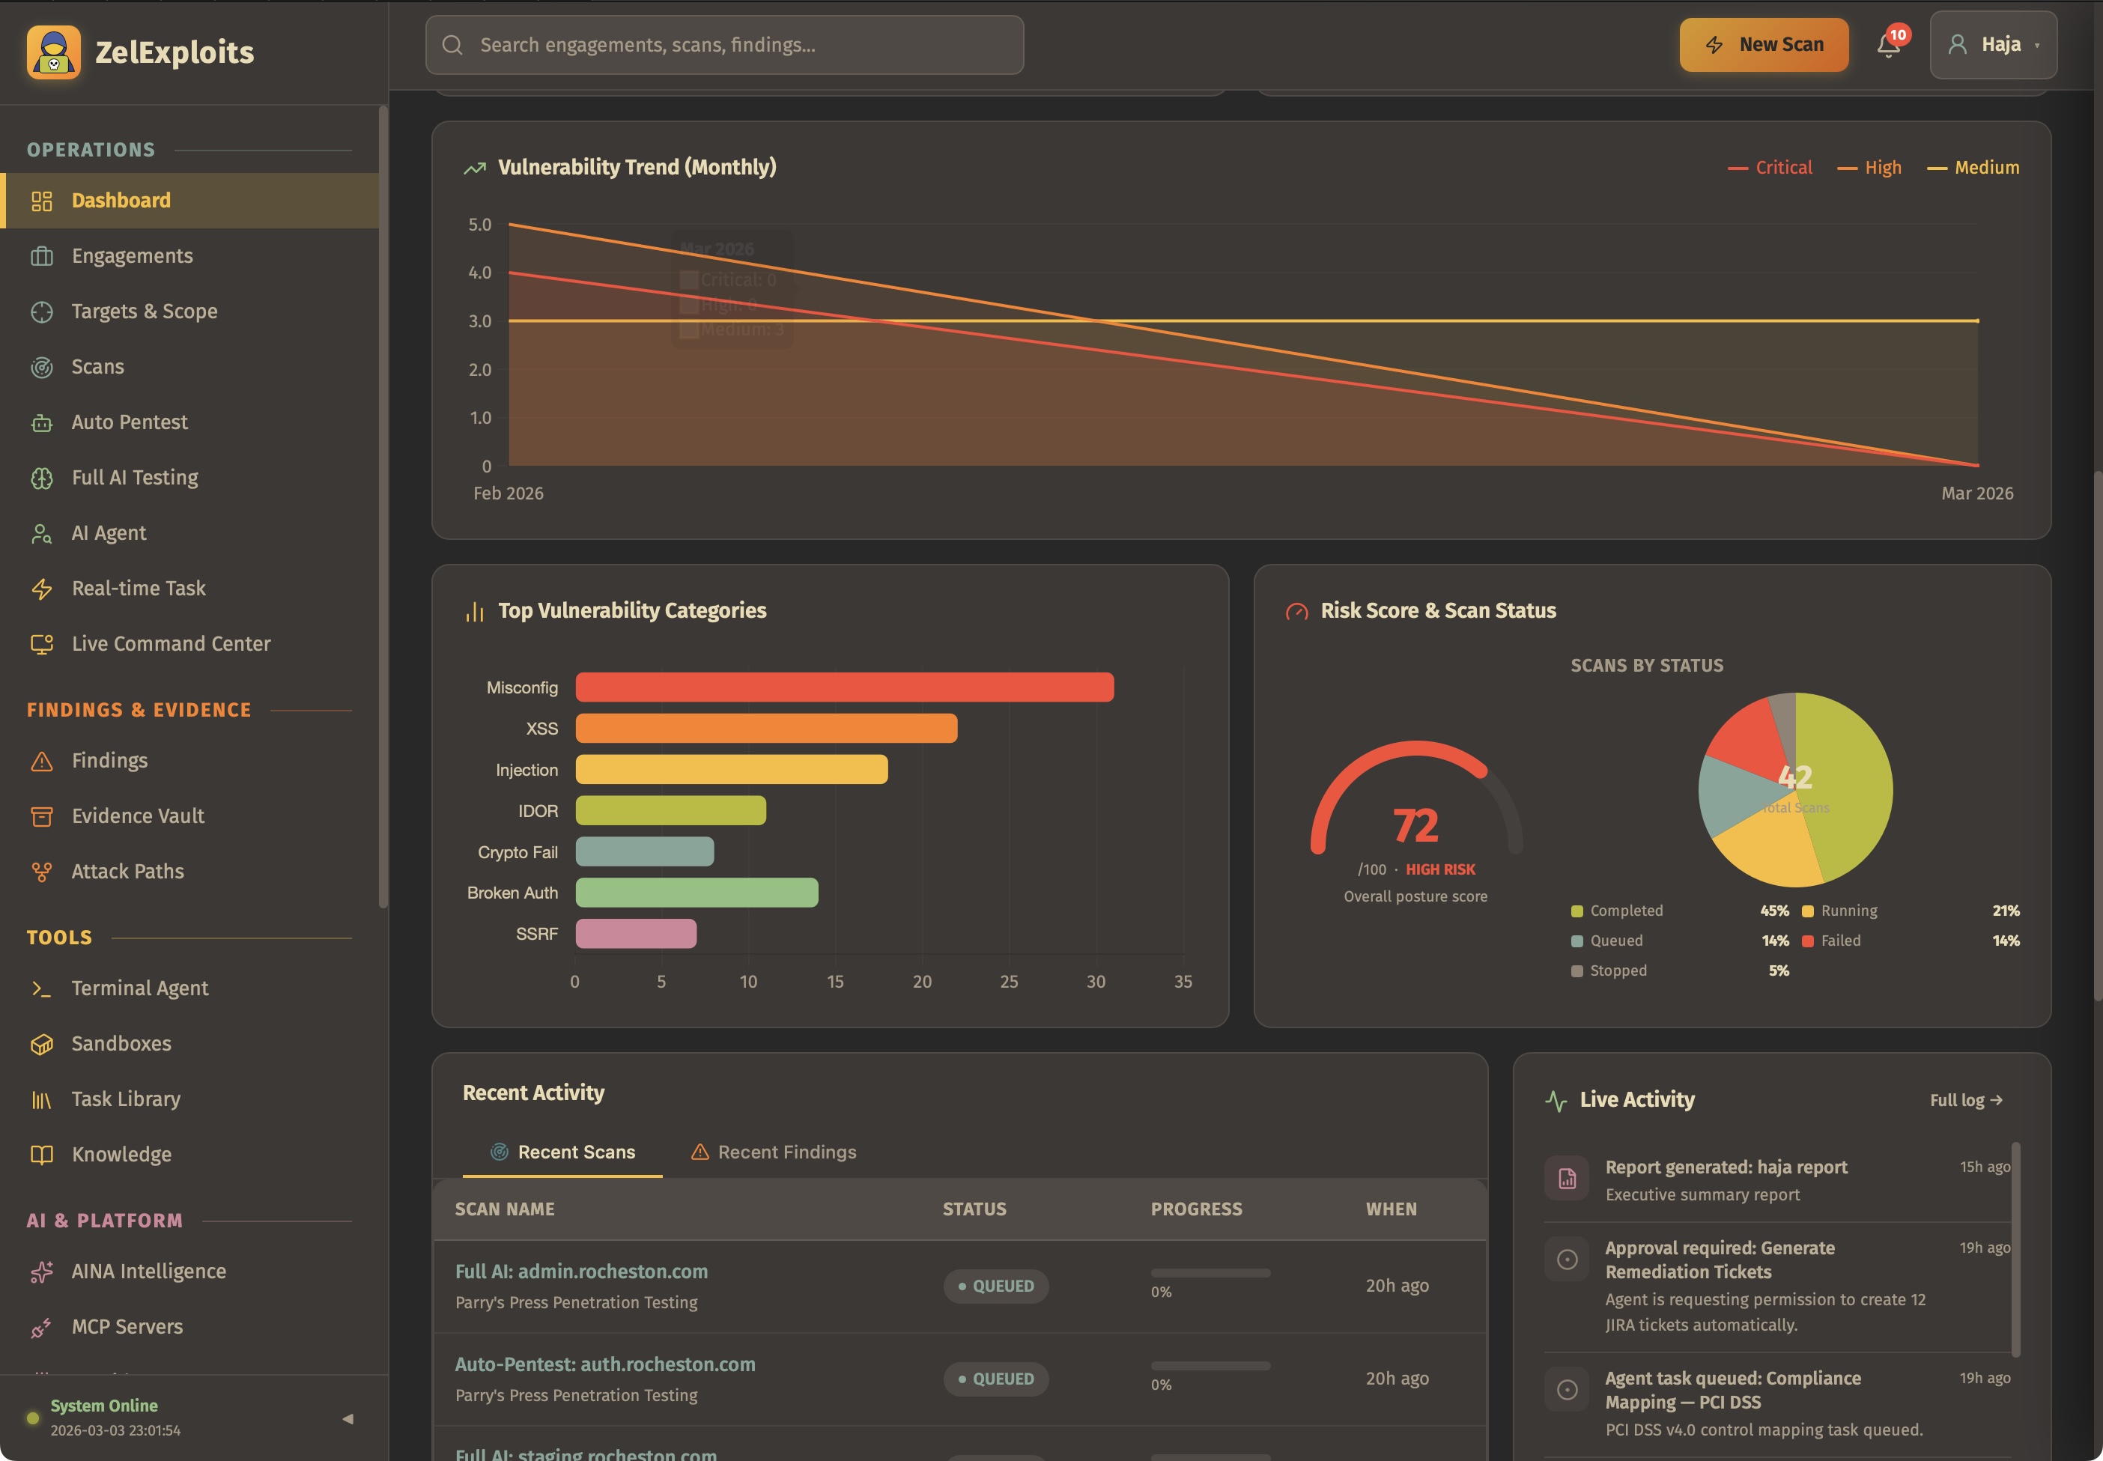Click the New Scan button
pos(1763,45)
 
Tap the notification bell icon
pos(1888,45)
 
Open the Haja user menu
pos(1992,45)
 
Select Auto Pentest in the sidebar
pos(129,422)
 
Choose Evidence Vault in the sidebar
pos(137,815)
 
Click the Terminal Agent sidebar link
pos(139,988)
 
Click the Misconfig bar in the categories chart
pos(843,687)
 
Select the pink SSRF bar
pos(635,934)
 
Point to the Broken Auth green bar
pos(696,893)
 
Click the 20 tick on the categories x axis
pos(921,981)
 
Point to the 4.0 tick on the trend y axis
pos(480,273)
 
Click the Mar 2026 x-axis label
pos(1976,493)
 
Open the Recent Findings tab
pos(774,1152)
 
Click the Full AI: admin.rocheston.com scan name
pos(580,1272)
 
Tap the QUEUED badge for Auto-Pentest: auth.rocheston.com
pos(996,1379)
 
